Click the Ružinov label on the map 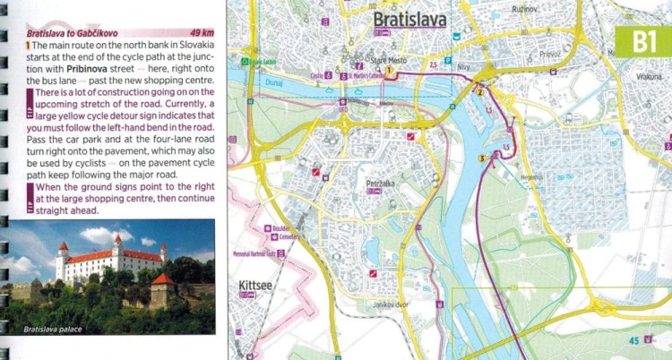point(524,8)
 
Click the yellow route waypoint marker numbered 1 point(391,69)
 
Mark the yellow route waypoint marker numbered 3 point(482,159)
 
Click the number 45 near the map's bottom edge point(633,340)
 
